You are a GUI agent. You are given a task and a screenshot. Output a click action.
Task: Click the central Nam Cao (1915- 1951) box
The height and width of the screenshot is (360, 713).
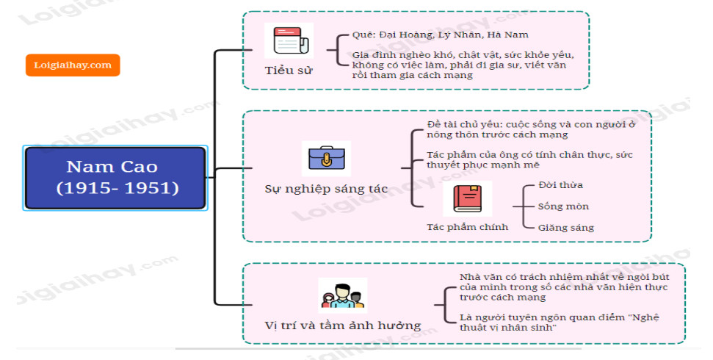(115, 179)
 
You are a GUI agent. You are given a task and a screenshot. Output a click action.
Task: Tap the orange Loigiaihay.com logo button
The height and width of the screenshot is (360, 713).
(73, 65)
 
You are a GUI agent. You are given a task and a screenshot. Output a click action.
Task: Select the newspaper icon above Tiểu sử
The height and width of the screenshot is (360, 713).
(288, 40)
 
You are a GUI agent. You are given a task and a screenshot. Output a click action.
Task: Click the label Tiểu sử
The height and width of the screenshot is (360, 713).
(289, 71)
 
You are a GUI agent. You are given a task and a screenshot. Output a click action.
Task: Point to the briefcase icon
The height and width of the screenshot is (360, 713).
(326, 158)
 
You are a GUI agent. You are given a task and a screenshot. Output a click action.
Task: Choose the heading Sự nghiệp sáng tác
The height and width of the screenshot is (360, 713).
(326, 188)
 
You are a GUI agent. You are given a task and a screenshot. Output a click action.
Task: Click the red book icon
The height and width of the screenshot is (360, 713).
(467, 198)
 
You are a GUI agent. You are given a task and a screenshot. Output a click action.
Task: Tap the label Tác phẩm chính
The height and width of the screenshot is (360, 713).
(467, 226)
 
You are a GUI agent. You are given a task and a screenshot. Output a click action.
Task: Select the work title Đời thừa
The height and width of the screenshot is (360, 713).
(560, 184)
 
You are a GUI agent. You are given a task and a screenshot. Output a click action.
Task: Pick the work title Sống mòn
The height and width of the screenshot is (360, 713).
(563, 206)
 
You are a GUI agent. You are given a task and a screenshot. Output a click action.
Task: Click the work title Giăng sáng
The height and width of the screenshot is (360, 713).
(566, 227)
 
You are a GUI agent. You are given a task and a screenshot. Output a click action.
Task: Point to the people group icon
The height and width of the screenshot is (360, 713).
(342, 295)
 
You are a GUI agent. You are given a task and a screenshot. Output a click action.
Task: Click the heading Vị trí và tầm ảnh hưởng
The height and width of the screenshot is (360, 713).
(342, 325)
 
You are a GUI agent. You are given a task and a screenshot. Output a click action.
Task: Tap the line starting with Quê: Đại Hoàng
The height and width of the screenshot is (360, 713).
(440, 35)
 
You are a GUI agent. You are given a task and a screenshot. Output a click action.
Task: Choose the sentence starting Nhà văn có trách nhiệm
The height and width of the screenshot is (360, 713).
(563, 287)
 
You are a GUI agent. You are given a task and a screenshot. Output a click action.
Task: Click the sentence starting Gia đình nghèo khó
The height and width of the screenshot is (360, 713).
(463, 65)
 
